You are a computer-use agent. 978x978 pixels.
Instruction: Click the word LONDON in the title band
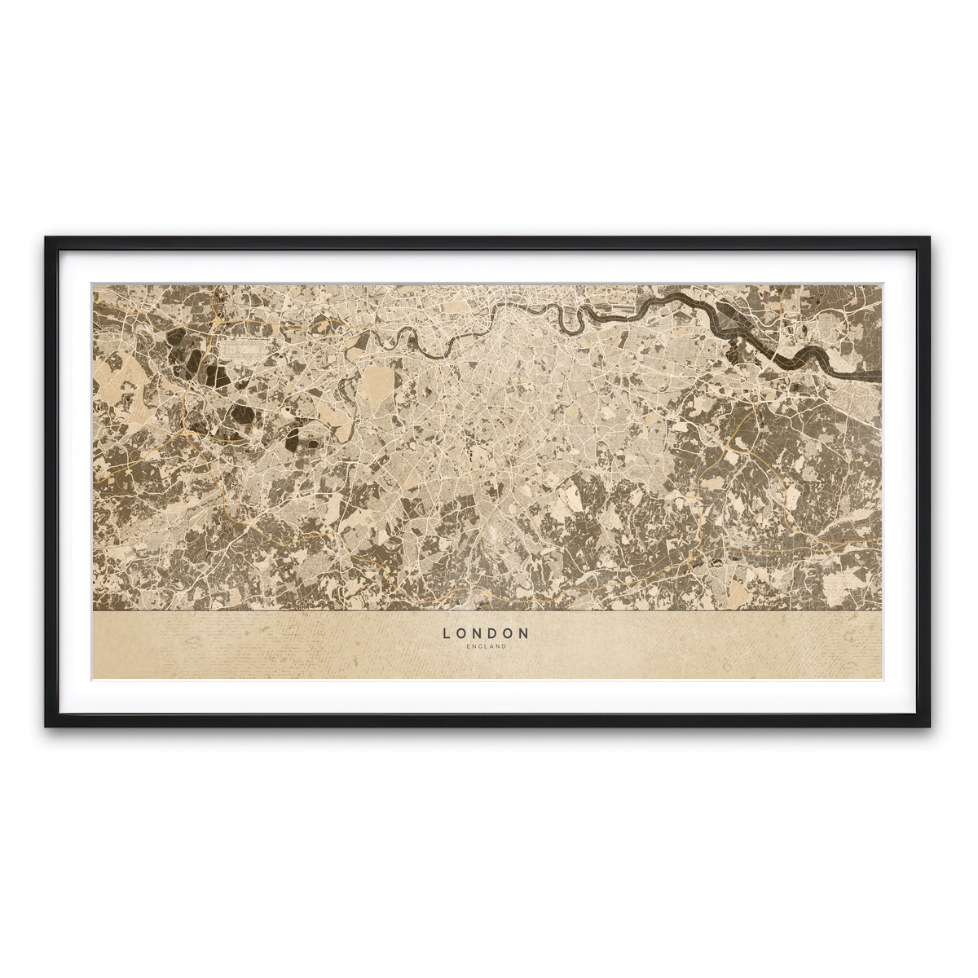[487, 632]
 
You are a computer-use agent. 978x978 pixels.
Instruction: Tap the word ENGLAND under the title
[487, 647]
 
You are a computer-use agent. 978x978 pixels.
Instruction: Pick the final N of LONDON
[525, 632]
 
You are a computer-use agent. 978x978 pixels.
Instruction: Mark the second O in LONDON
[509, 632]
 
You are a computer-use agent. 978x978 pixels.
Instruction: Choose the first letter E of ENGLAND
[469, 647]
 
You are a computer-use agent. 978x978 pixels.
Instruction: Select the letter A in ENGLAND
[492, 647]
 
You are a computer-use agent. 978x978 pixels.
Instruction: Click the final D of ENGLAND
[504, 647]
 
